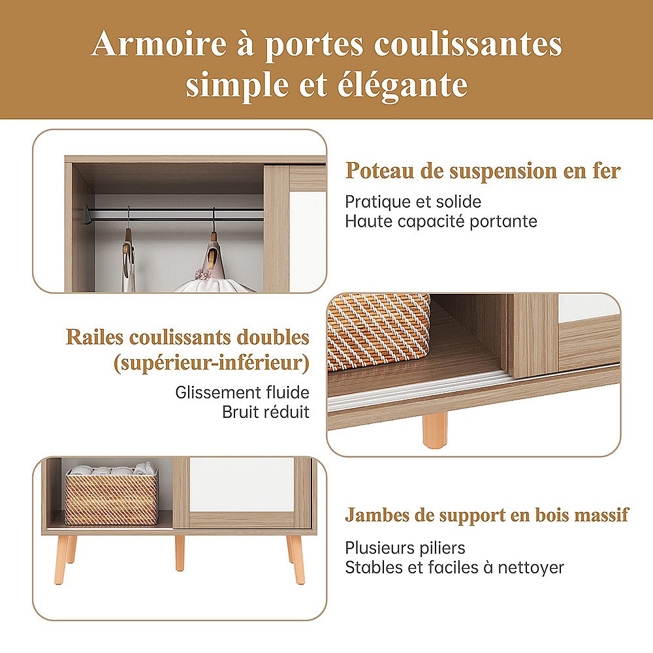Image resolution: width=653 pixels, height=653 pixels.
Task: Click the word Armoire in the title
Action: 159,44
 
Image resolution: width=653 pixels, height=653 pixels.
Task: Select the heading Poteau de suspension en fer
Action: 483,170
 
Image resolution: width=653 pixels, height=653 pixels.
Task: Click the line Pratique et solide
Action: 413,202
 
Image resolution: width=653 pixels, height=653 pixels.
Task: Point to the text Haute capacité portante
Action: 441,221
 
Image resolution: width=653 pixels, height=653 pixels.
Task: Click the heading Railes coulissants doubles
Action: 188,338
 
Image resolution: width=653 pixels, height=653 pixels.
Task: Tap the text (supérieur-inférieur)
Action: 212,363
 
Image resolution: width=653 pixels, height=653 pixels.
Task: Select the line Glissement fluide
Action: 242,392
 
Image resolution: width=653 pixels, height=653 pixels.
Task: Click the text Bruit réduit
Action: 266,412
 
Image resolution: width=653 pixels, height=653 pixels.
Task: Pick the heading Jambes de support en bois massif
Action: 487,515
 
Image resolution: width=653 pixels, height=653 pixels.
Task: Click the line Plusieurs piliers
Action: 406,548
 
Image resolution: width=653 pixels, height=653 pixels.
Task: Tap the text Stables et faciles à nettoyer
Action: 454,567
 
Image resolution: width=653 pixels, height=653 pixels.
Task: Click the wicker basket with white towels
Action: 111,495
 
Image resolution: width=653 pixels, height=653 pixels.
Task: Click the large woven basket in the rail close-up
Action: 378,332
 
